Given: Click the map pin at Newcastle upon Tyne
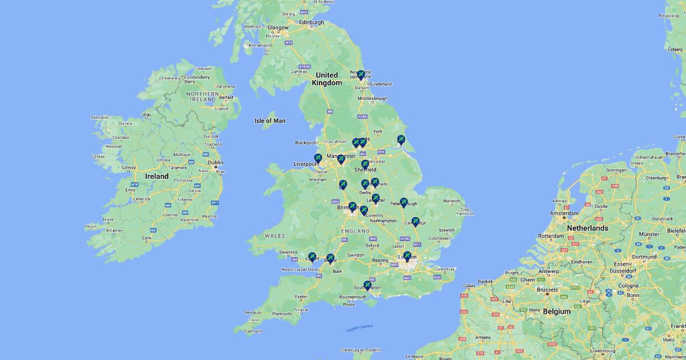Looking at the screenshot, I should [x=361, y=75].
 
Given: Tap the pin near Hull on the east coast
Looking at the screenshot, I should [x=401, y=139].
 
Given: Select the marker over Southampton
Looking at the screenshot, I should [x=368, y=285].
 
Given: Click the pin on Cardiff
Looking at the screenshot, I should [x=312, y=257].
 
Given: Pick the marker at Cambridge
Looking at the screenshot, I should [x=416, y=222].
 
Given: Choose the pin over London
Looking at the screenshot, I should [x=407, y=256].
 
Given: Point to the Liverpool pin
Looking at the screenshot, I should [x=318, y=158].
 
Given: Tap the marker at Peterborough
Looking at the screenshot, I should [x=404, y=202].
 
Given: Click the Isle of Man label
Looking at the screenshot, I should [x=270, y=121].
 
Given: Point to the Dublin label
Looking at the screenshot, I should [x=216, y=162].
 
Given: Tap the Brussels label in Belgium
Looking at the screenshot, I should [x=547, y=290].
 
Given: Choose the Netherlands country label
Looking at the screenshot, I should [x=587, y=228].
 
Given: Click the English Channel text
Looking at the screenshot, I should [x=360, y=328].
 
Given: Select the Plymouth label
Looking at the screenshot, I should [x=281, y=314].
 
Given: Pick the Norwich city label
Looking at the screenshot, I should [x=452, y=201].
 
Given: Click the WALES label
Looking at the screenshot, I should [x=274, y=235].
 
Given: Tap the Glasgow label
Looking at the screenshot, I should [x=278, y=27].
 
